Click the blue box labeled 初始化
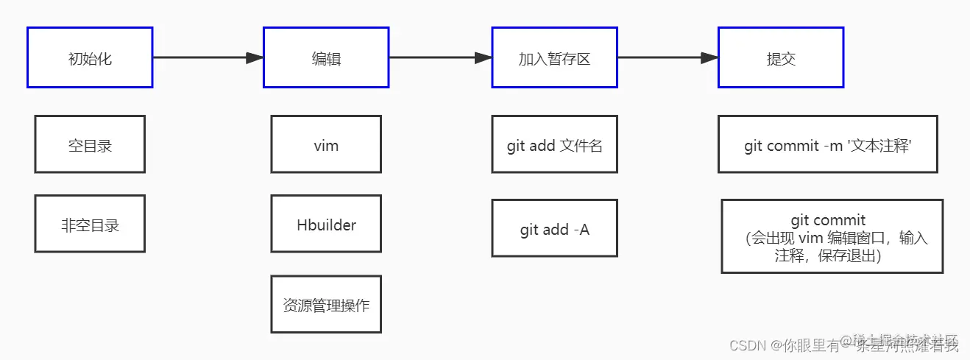[90, 57]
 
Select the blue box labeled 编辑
[326, 57]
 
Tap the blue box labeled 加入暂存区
[554, 57]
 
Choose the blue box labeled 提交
[781, 57]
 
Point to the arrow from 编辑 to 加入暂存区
[440, 57]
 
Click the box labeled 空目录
[90, 144]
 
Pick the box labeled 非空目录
[90, 224]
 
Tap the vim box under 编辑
[326, 144]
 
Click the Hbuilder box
[326, 224]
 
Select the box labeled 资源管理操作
[326, 304]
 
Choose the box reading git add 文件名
[554, 144]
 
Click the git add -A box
[554, 228]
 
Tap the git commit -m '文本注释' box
[828, 144]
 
